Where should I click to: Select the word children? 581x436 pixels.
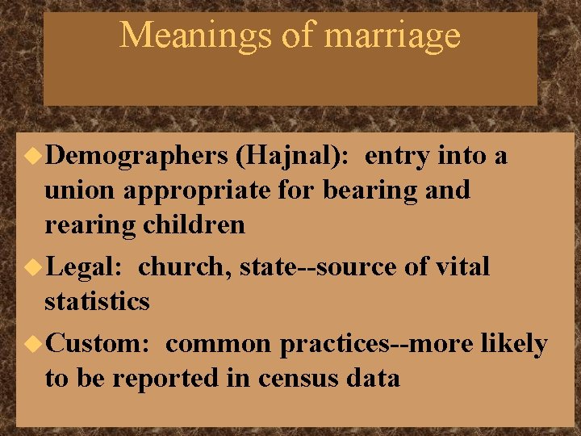[192, 224]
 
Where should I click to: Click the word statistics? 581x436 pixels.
[97, 301]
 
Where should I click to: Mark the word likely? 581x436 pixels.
[514, 345]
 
